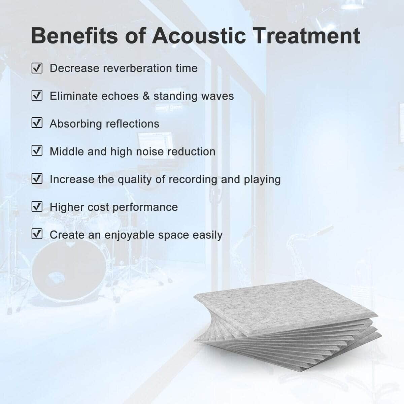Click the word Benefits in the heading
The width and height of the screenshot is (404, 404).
(74, 36)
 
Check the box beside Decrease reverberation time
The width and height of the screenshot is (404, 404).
(37, 68)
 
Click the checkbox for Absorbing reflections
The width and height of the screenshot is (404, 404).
(37, 123)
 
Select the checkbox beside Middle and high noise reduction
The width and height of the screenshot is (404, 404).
(37, 150)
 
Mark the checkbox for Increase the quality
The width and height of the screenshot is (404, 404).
(37, 179)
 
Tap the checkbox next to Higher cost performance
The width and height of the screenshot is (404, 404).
(37, 206)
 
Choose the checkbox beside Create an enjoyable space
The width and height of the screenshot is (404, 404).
(37, 234)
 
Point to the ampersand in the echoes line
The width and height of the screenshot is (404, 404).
(146, 96)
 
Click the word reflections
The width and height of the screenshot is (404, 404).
(132, 124)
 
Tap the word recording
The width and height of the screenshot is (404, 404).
(193, 180)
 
